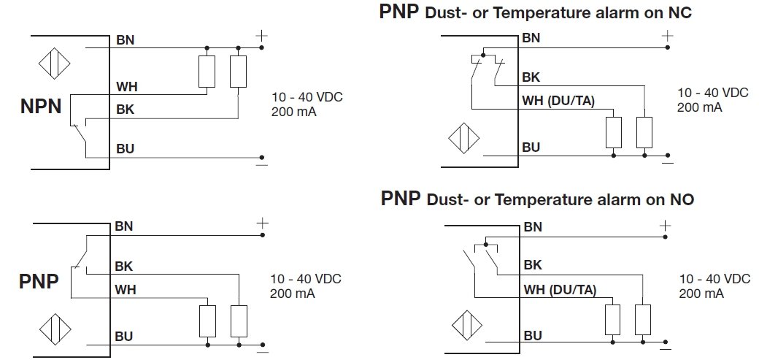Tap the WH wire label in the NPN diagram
point(126,87)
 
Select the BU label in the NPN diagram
point(125,149)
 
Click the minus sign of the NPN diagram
point(261,165)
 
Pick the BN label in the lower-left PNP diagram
point(124,226)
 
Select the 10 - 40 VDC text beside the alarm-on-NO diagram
point(714,279)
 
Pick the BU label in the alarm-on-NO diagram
point(532,335)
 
